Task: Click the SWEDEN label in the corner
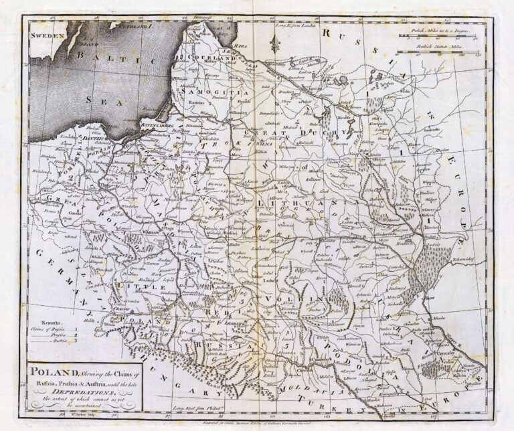tap(48, 33)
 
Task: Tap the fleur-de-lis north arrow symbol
tap(273, 43)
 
